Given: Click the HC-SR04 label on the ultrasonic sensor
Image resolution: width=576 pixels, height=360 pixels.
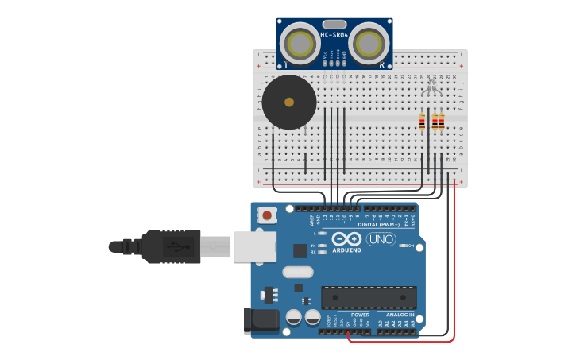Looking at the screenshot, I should coord(334,35).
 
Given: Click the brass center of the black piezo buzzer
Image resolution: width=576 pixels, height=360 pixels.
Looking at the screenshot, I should coord(289,102).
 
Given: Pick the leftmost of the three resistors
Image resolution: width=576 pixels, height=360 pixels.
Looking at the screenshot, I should coord(422,122).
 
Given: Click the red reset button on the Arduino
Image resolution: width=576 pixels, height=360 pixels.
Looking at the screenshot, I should coord(268,215).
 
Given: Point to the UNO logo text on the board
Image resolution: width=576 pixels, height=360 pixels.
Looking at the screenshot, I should coord(381,239).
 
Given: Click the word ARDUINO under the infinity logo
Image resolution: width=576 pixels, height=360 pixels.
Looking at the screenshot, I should coord(346,250).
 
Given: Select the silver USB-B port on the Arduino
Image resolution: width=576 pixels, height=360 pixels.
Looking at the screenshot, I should coord(254,246).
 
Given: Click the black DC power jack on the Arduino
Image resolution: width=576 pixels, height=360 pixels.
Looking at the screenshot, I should coord(262,320).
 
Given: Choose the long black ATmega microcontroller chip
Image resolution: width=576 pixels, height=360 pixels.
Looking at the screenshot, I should coord(369,297).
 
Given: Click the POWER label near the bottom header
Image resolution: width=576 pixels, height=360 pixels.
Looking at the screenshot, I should coord(350,315).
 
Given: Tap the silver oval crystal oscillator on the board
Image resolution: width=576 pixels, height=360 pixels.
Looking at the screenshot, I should coord(298,272).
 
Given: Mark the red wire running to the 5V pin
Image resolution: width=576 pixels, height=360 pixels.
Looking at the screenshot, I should coord(454,262).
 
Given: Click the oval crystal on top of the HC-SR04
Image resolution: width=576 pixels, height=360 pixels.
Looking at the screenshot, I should coord(334,25).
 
